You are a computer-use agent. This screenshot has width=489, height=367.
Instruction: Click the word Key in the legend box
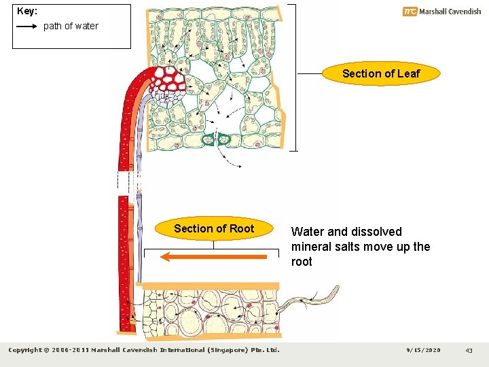[x=26, y=12]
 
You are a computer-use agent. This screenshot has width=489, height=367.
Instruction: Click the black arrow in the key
[x=26, y=26]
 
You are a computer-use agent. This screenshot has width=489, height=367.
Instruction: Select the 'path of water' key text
[x=71, y=26]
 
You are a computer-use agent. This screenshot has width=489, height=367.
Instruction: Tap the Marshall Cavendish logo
[x=441, y=11]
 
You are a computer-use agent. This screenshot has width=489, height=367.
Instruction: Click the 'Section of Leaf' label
[x=380, y=73]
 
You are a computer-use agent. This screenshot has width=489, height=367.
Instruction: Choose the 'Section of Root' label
[x=213, y=228]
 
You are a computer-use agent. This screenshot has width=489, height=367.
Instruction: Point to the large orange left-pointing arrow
[x=214, y=257]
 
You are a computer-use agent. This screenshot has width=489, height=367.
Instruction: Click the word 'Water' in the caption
[x=308, y=232]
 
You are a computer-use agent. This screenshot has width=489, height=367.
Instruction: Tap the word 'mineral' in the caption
[x=312, y=247]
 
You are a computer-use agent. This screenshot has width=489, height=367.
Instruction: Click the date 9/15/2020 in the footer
[x=423, y=350]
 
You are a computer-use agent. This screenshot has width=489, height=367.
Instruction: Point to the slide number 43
[x=469, y=350]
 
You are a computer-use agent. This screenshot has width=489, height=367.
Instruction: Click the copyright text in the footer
[x=143, y=350]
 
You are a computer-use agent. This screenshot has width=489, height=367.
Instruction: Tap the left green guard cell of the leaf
[x=208, y=139]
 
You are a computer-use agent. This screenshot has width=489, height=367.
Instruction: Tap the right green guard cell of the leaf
[x=225, y=139]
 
